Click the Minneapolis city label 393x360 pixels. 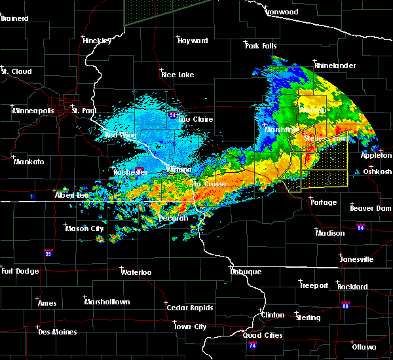(33, 111)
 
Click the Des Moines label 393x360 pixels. (57, 332)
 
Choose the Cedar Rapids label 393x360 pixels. (189, 308)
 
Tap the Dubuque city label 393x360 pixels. (246, 272)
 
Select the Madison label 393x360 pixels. (329, 234)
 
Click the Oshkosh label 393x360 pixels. (377, 171)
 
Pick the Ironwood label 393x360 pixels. (281, 12)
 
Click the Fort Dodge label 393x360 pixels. (20, 271)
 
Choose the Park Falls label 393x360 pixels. (261, 46)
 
